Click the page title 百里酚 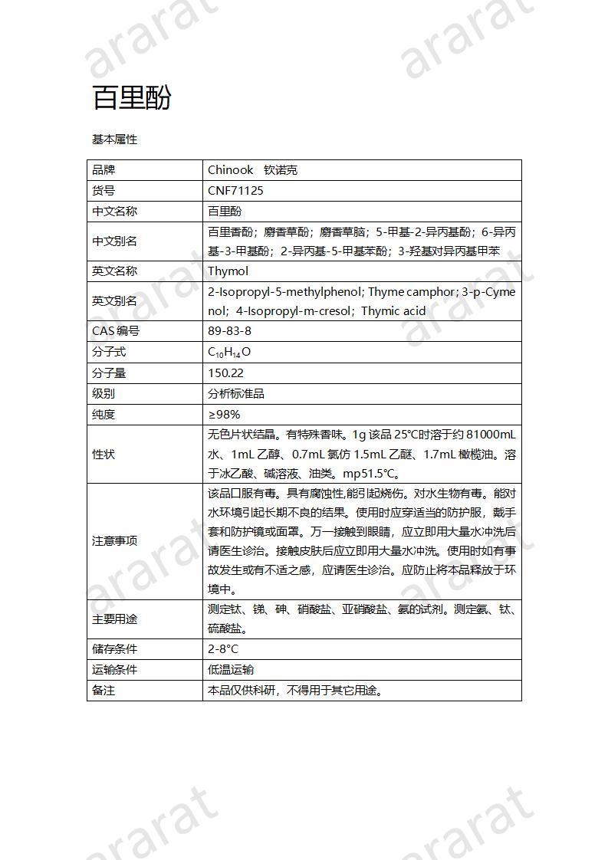(x=131, y=98)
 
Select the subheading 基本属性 (x=114, y=140)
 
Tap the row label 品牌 (x=104, y=170)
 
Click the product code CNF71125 (x=235, y=191)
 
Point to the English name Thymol (x=228, y=271)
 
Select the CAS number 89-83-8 (x=229, y=331)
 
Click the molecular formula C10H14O (x=229, y=353)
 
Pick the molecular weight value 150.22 (x=225, y=373)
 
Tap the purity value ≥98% (x=224, y=415)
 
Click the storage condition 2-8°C (x=223, y=649)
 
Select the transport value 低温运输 (x=231, y=670)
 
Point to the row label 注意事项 (x=114, y=540)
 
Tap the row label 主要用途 (x=114, y=619)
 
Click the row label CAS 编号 (x=116, y=331)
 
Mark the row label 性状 (x=104, y=455)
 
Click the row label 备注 (x=104, y=691)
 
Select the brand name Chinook (x=231, y=170)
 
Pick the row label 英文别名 (x=114, y=301)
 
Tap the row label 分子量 (x=109, y=373)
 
